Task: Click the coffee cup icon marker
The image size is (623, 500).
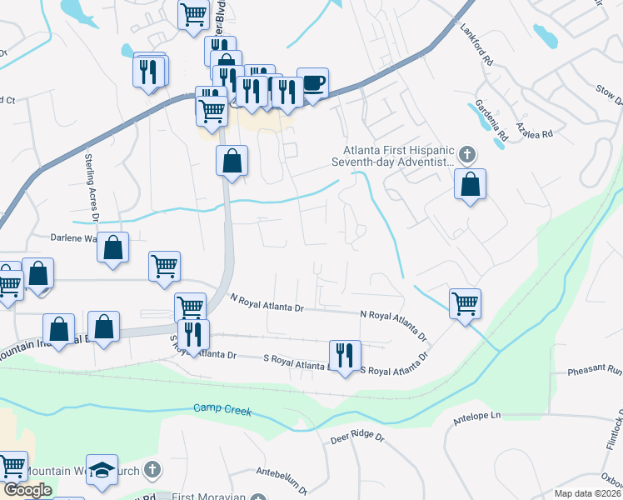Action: click(x=312, y=83)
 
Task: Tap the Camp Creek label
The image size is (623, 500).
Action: click(x=222, y=408)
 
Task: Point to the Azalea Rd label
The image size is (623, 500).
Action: click(x=534, y=127)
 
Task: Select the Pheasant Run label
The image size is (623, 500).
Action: click(x=595, y=370)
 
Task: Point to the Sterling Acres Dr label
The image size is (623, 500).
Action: click(x=92, y=186)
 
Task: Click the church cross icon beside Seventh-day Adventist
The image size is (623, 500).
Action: click(x=467, y=154)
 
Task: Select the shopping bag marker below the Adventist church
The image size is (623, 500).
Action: click(x=471, y=184)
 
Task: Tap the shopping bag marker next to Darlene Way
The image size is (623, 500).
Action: click(x=113, y=247)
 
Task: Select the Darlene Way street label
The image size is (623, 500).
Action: click(x=76, y=237)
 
